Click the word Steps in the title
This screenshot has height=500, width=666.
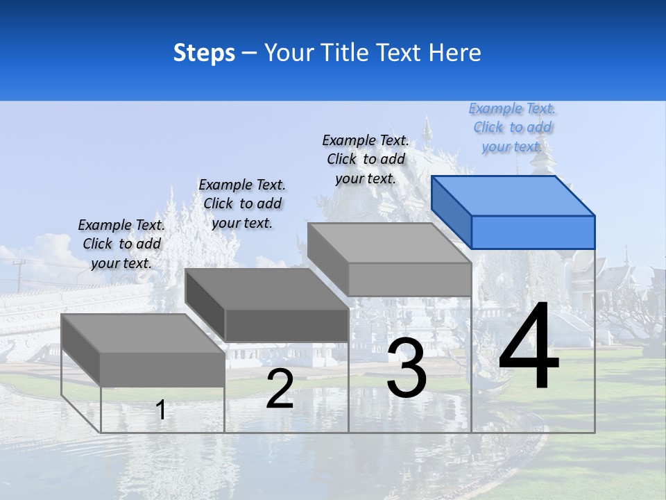click(204, 53)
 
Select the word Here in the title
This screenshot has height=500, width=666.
click(455, 53)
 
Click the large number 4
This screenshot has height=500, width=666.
click(529, 347)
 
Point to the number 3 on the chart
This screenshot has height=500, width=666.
click(407, 368)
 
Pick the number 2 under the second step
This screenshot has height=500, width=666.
click(280, 389)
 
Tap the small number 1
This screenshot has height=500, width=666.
click(161, 410)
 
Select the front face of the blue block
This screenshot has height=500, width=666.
click(533, 232)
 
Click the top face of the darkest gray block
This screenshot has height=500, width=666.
click(267, 289)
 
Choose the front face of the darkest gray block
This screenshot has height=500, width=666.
click(287, 325)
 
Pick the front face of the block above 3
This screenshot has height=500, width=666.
click(409, 279)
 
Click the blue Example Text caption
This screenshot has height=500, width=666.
click(512, 127)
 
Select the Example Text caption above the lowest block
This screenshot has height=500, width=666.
click(121, 244)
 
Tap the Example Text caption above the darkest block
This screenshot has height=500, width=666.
click(242, 203)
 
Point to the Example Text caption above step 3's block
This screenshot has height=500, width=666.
click(366, 159)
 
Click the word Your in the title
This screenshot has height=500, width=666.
click(289, 53)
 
